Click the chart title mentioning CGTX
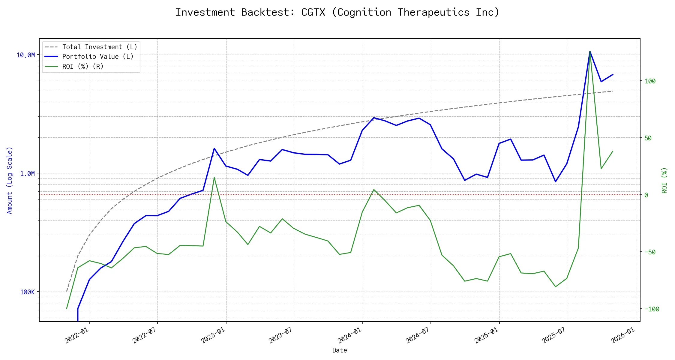(337, 12)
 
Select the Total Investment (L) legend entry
(100, 47)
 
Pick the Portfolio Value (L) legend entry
(98, 57)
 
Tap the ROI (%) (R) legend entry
(83, 67)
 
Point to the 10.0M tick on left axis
(25, 55)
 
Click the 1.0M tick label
(27, 174)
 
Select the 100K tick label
(27, 292)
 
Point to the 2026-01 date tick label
(622, 335)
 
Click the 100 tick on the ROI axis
(650, 81)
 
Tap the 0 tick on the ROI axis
(646, 195)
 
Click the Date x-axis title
(340, 350)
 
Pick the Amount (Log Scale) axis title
(10, 180)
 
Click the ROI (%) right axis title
(664, 180)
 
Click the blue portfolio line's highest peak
(590, 52)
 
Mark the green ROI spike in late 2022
(214, 178)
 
